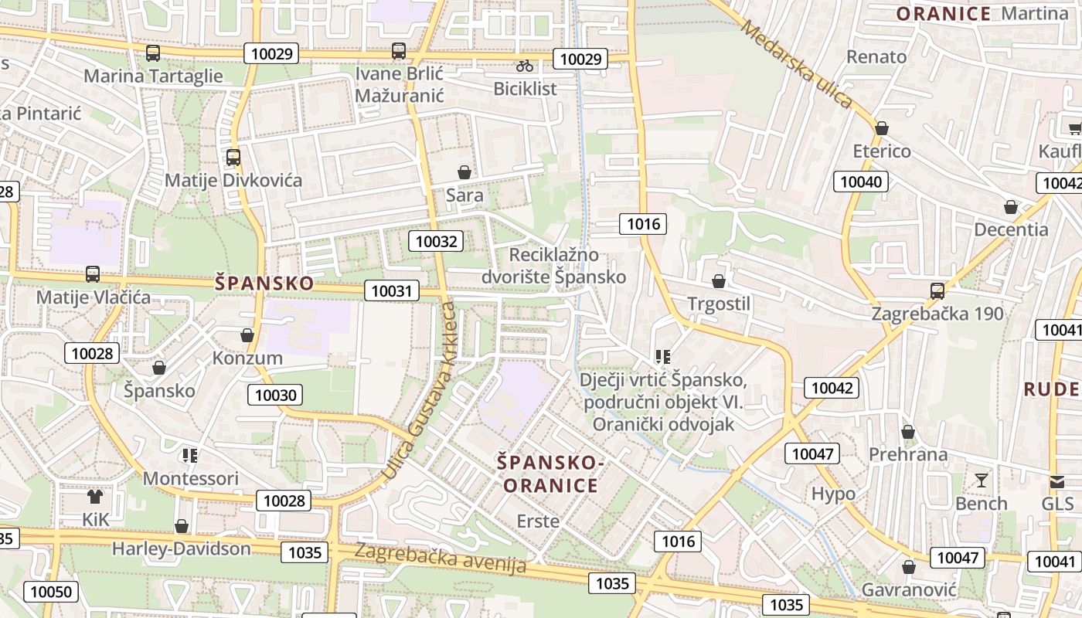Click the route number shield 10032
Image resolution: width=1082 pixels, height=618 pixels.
pyautogui.click(x=436, y=241)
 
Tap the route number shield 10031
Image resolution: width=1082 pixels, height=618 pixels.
pyautogui.click(x=392, y=290)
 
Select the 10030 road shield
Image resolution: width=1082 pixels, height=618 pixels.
pyautogui.click(x=275, y=395)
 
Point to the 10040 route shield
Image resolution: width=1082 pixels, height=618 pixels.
pyautogui.click(x=860, y=182)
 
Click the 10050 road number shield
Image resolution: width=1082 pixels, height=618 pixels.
pyautogui.click(x=50, y=592)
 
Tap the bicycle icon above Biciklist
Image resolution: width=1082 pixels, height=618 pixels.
pyautogui.click(x=526, y=65)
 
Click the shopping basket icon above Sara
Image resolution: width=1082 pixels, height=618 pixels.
pyautogui.click(x=464, y=171)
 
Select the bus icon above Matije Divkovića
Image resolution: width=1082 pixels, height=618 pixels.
pyautogui.click(x=233, y=158)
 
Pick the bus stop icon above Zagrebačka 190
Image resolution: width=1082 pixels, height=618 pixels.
pyautogui.click(x=937, y=290)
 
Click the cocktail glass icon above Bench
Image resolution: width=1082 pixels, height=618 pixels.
pyautogui.click(x=982, y=480)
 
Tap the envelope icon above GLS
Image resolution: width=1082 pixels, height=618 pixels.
pyautogui.click(x=1056, y=481)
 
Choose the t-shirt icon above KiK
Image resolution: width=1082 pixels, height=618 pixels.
pyautogui.click(x=95, y=496)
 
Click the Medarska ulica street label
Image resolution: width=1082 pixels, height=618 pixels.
pyautogui.click(x=796, y=63)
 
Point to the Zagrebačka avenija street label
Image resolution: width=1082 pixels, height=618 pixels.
pyautogui.click(x=441, y=558)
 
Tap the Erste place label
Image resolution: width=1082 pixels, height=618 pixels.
pyautogui.click(x=538, y=521)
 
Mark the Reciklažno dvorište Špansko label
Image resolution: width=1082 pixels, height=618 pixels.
pyautogui.click(x=553, y=265)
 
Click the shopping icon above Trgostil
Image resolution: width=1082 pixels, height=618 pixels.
pyautogui.click(x=719, y=281)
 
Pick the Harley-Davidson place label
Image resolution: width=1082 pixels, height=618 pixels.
pyautogui.click(x=182, y=548)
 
